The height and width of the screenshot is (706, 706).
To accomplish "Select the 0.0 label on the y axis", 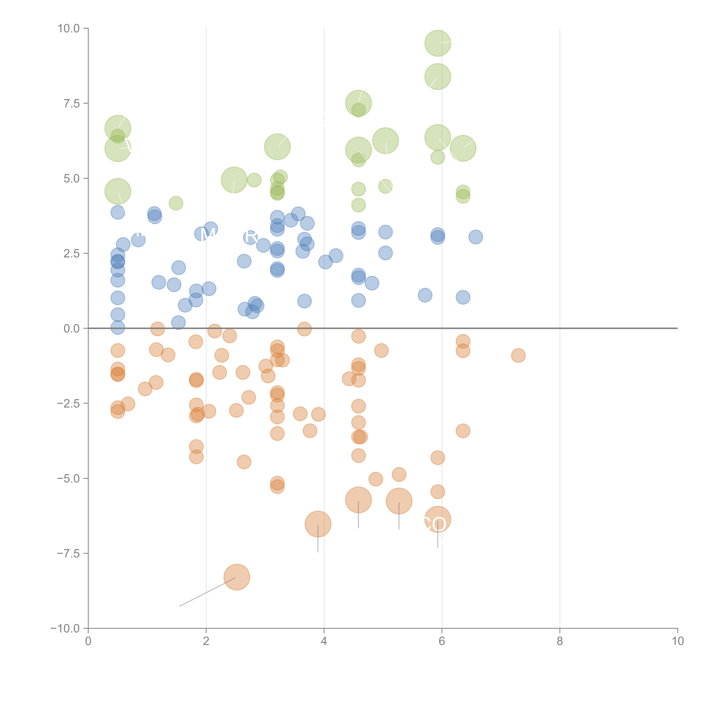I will coord(72,329).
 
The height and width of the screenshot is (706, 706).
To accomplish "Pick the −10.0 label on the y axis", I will coord(65,628).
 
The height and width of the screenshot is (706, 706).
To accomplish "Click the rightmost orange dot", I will coord(518,355).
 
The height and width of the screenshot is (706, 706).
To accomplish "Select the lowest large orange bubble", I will coord(237,577).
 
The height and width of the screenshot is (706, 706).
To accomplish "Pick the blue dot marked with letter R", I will coord(250,237).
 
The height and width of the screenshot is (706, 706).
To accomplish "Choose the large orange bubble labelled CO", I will coord(438,519).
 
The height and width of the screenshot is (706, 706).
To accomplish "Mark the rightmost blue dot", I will coord(475,237).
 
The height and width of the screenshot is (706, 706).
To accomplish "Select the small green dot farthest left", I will coord(176,203).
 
